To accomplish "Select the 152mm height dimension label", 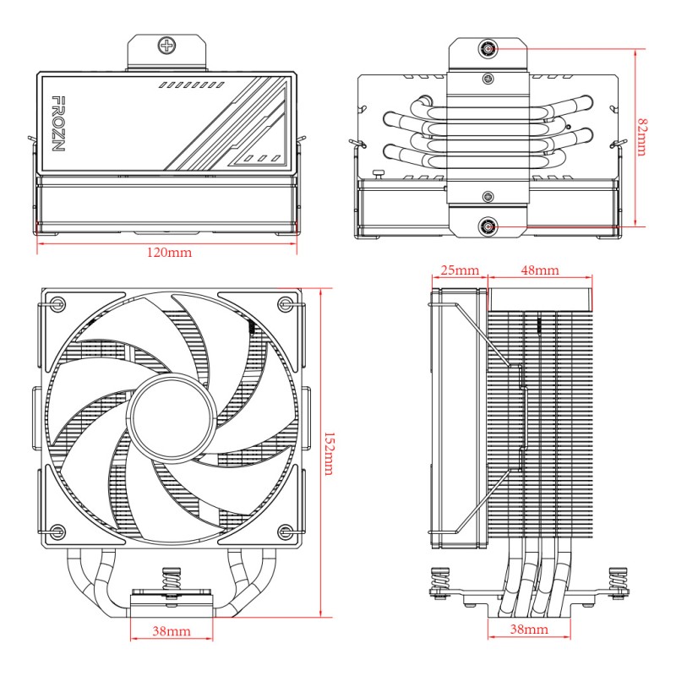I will coord(328,452).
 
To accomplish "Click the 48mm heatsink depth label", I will coord(538,270).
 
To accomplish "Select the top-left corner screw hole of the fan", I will coord(57,304).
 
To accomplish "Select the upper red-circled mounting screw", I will coord(488,48).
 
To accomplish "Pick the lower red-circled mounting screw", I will coord(488,226).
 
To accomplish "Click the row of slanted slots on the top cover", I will coord(190,86).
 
